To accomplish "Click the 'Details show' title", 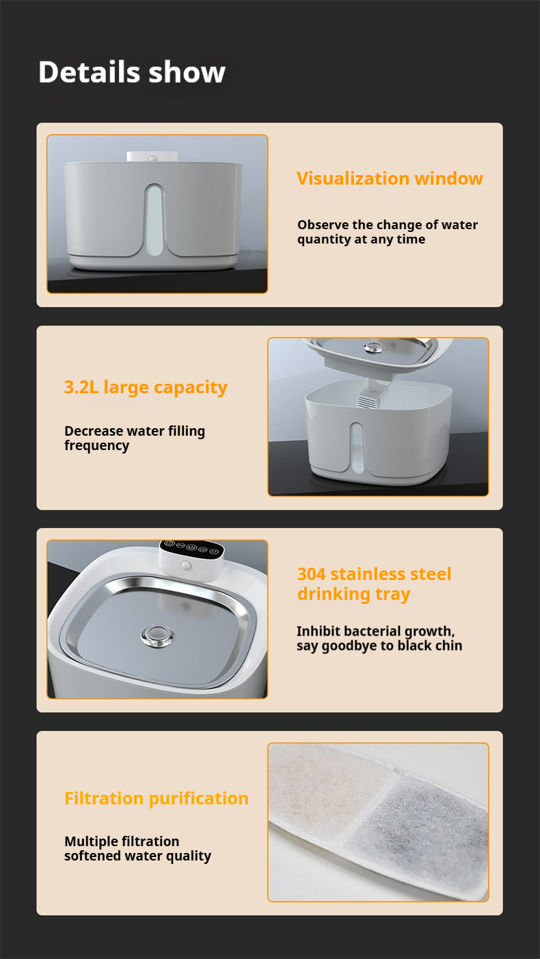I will pyautogui.click(x=131, y=73).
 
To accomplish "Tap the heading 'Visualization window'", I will pyautogui.click(x=390, y=179).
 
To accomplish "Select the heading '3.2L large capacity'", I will pyautogui.click(x=146, y=387).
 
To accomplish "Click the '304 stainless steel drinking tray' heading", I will pyautogui.click(x=374, y=583).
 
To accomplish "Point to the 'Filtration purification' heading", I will pyautogui.click(x=157, y=798).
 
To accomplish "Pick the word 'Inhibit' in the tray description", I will pyautogui.click(x=317, y=631).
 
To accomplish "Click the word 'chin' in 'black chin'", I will pyautogui.click(x=449, y=646).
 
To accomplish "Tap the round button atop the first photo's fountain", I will pyautogui.click(x=152, y=158).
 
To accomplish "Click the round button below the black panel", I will pyautogui.click(x=186, y=566).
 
